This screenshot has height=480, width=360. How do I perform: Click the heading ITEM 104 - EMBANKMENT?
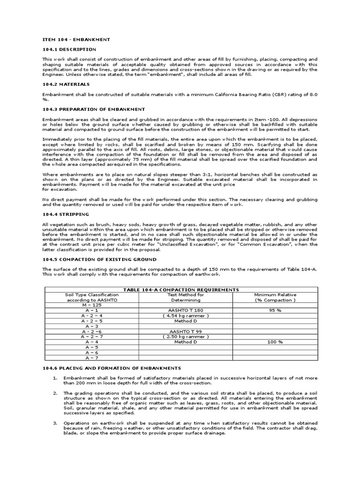tap(76, 40)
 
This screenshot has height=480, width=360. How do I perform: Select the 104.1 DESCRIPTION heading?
tap(69, 49)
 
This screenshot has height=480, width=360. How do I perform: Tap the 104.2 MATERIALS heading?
tap(66, 84)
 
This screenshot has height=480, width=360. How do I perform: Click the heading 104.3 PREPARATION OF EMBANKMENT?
tap(94, 109)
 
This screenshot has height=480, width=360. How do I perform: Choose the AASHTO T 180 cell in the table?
tap(186, 310)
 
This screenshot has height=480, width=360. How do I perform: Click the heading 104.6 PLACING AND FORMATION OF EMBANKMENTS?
tap(112, 368)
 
